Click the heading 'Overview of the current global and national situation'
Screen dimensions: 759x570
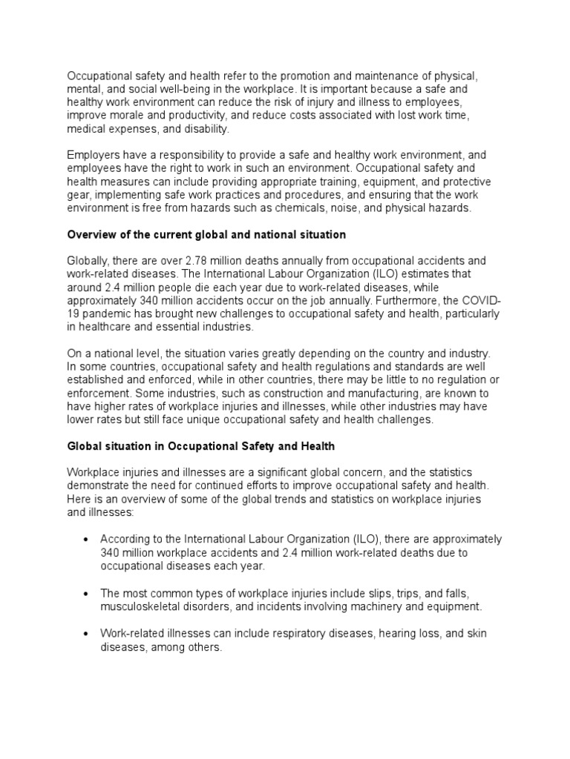(207, 235)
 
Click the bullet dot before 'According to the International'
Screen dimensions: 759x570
(88, 540)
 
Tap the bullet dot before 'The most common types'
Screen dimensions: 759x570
(88, 593)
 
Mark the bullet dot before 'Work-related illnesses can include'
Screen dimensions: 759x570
(88, 633)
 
